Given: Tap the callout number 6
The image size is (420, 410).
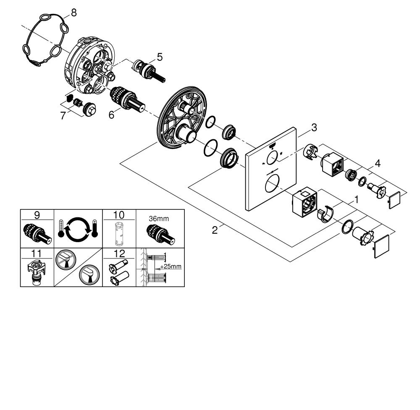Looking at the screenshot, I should coord(112,115).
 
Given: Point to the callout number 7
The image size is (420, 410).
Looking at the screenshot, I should coord(63,115).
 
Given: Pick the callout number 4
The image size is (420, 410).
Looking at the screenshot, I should coord(378,163).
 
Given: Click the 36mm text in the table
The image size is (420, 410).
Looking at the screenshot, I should coord(160,218).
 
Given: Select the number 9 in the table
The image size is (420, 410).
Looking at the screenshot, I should coord(37,215).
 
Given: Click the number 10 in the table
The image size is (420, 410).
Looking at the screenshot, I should coord(119,215).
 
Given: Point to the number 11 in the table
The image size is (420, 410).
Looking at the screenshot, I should coord(37,254).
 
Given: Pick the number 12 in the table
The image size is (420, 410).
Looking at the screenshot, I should coord(119,254).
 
